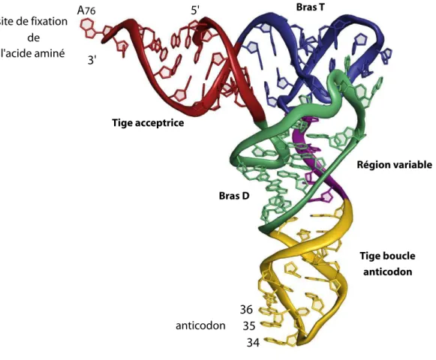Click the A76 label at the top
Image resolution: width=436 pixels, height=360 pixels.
86,10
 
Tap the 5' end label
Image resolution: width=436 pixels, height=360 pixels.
195,10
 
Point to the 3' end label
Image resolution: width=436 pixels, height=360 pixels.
92,60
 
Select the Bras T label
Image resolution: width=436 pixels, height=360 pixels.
310,7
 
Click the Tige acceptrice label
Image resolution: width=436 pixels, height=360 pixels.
148,122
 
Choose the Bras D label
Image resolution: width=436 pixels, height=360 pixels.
234,196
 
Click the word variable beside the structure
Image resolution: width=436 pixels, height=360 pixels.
410,164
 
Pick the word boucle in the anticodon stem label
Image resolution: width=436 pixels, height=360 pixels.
401,256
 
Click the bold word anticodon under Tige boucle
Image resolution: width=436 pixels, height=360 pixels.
388,271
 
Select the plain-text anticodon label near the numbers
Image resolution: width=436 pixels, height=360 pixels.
200,325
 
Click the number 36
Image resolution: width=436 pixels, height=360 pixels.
246,310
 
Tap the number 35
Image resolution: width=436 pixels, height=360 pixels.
249,325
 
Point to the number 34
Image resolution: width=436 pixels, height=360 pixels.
253,343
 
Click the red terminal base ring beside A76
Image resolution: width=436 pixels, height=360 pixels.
88,28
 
